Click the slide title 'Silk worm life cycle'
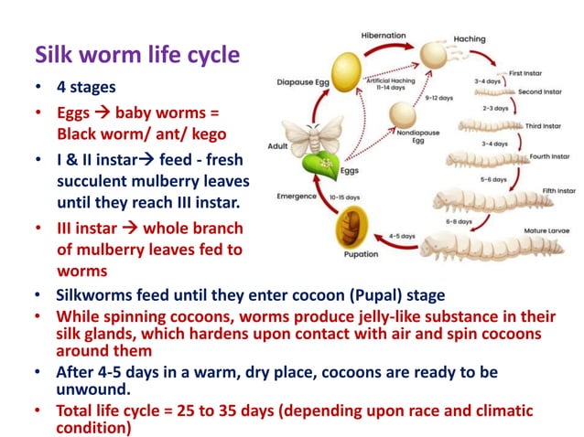click(137, 56)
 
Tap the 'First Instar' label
click(529, 72)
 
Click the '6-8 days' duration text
click(458, 221)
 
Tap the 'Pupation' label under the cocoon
click(361, 255)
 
